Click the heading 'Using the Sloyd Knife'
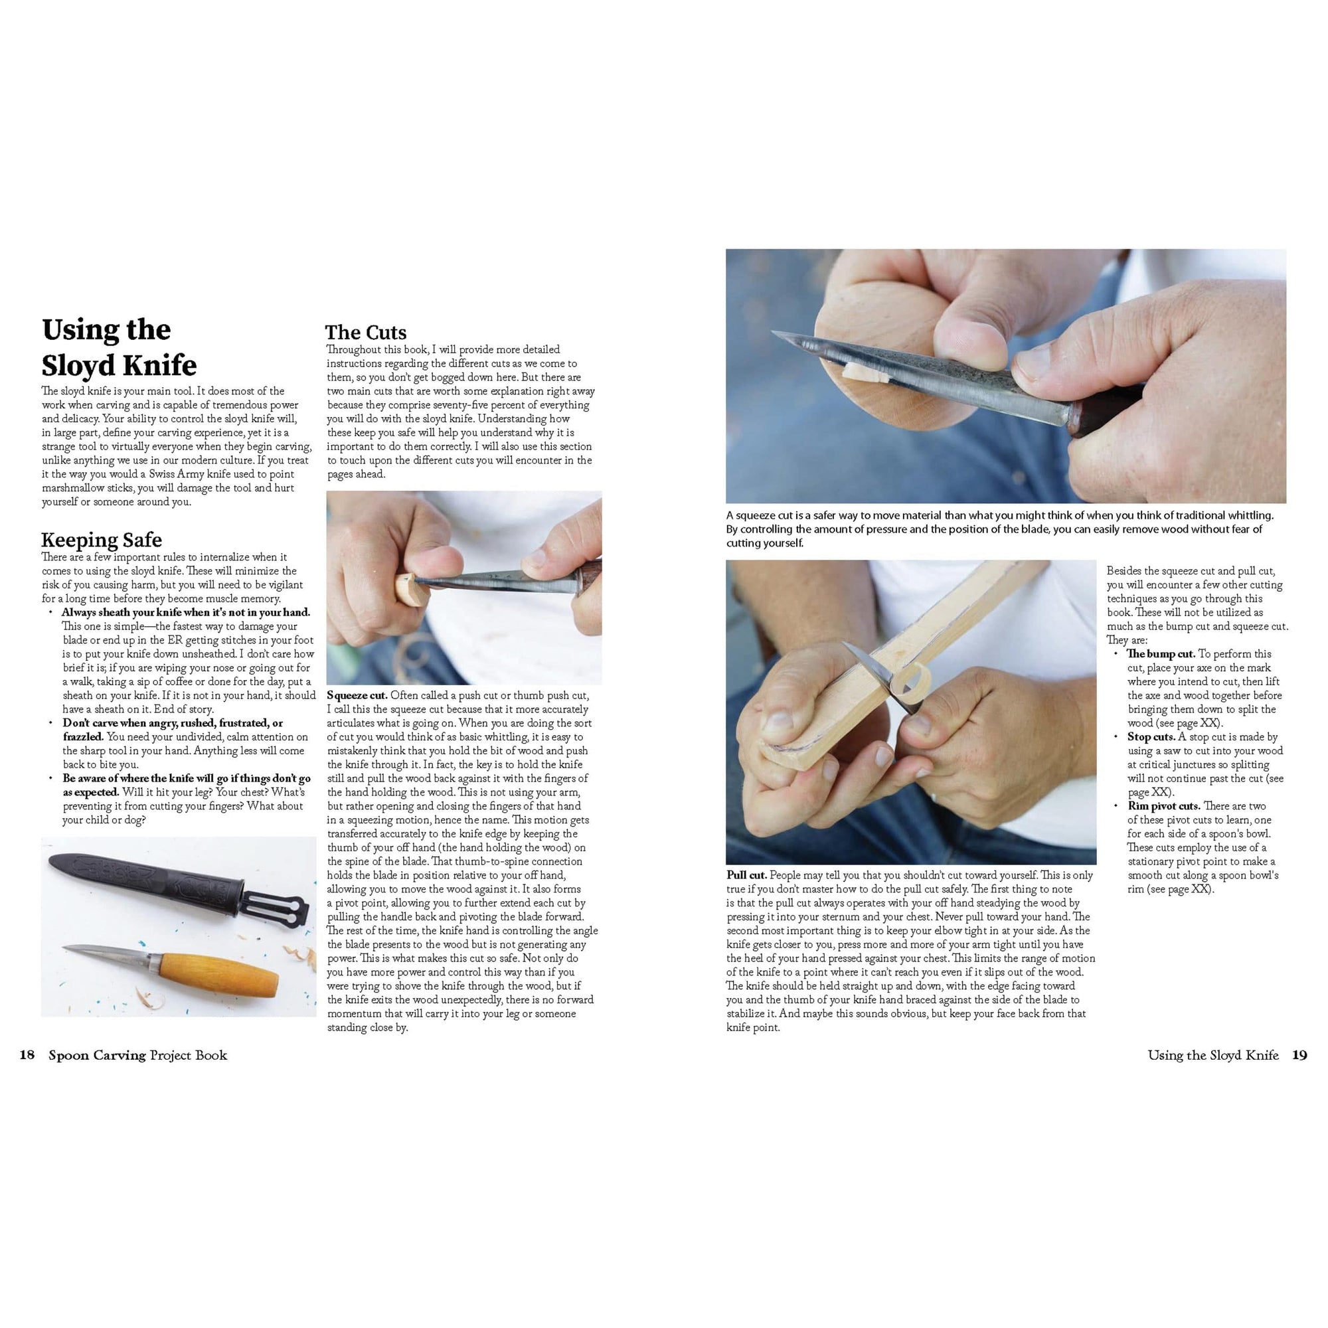pos(118,348)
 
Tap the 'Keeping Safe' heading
pos(101,540)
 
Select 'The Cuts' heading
pos(365,333)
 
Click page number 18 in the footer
pos(27,1055)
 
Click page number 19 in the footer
pos(1299,1055)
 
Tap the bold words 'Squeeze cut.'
pos(357,696)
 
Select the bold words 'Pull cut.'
pos(746,876)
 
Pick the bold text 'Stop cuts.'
pos(1151,737)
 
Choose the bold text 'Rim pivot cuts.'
pos(1163,806)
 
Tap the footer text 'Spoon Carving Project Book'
pos(137,1055)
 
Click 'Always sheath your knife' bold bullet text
pos(186,612)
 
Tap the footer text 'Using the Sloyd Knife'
pos(1212,1055)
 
